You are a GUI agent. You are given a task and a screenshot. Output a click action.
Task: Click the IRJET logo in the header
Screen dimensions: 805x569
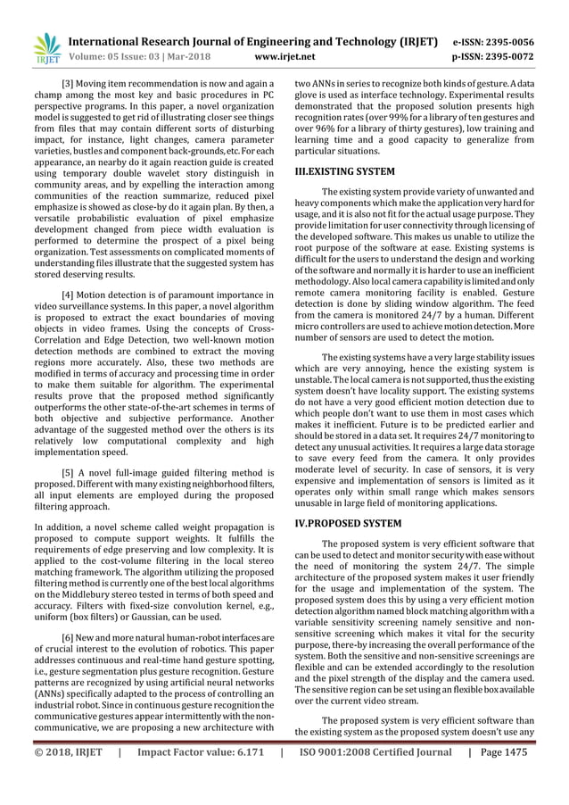(45, 48)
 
